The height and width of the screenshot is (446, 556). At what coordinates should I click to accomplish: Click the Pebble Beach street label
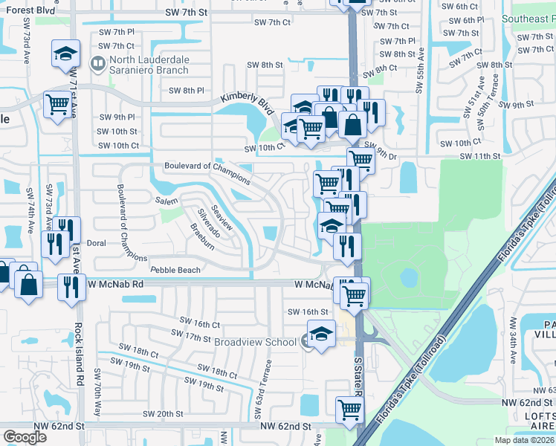click(x=175, y=270)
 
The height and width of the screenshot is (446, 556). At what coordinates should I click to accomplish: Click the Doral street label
click(x=97, y=243)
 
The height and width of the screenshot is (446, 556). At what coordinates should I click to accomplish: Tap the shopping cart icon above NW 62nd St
click(x=349, y=408)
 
